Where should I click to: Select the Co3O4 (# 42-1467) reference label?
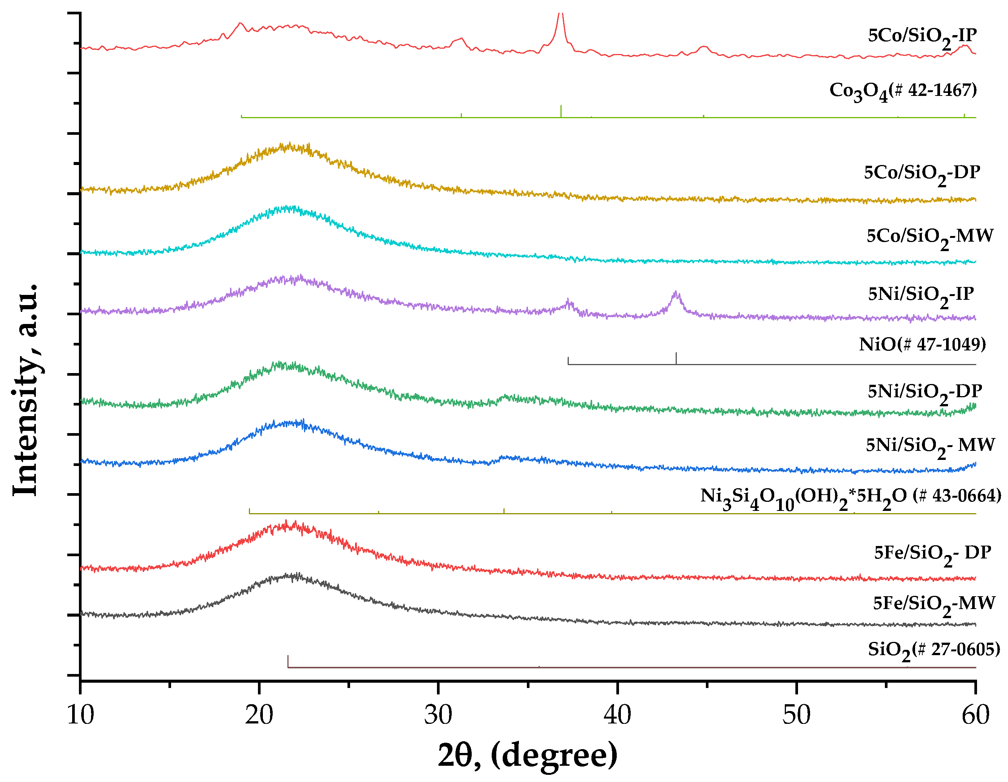point(903,91)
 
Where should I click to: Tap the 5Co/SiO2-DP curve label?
point(922,174)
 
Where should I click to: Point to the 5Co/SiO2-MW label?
point(929,237)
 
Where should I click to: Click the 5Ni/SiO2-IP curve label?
point(921,295)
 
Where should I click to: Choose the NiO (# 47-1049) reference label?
point(922,345)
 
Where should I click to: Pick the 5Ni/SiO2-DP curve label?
point(925,393)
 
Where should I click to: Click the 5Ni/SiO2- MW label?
point(929,447)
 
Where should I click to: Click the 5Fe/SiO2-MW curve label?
point(934,605)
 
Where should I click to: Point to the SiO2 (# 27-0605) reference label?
point(934,651)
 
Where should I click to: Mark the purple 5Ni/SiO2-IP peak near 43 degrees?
point(676,293)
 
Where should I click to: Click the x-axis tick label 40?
point(617,716)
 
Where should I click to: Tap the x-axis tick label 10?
point(80,716)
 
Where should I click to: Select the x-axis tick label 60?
point(975,716)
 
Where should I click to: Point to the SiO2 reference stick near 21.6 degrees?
point(288,661)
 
